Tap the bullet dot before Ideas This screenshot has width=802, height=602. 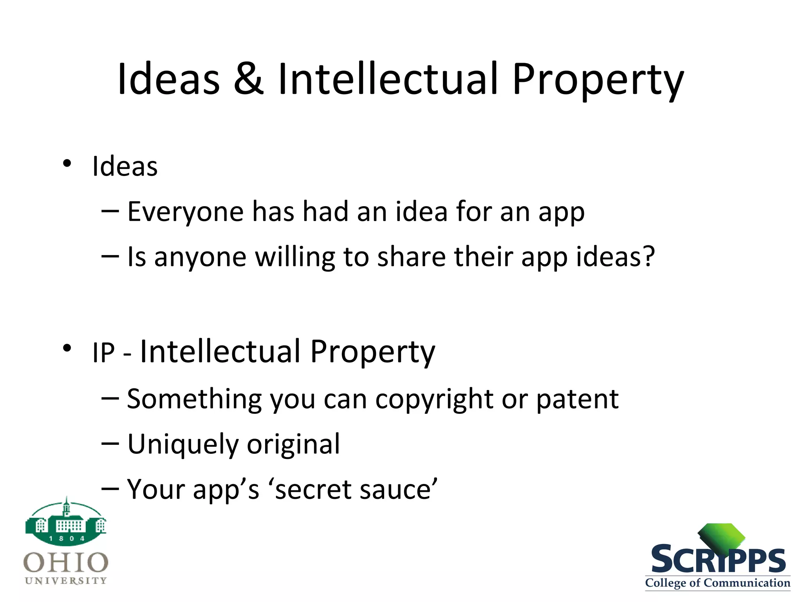(67, 163)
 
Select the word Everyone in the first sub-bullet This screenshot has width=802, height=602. (186, 212)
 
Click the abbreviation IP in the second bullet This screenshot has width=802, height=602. (104, 353)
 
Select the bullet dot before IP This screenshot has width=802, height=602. (67, 348)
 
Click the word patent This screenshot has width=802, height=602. (577, 400)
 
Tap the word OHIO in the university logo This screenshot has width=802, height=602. (66, 562)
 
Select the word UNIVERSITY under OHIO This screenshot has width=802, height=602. (66, 580)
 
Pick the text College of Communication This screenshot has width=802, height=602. (717, 583)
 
